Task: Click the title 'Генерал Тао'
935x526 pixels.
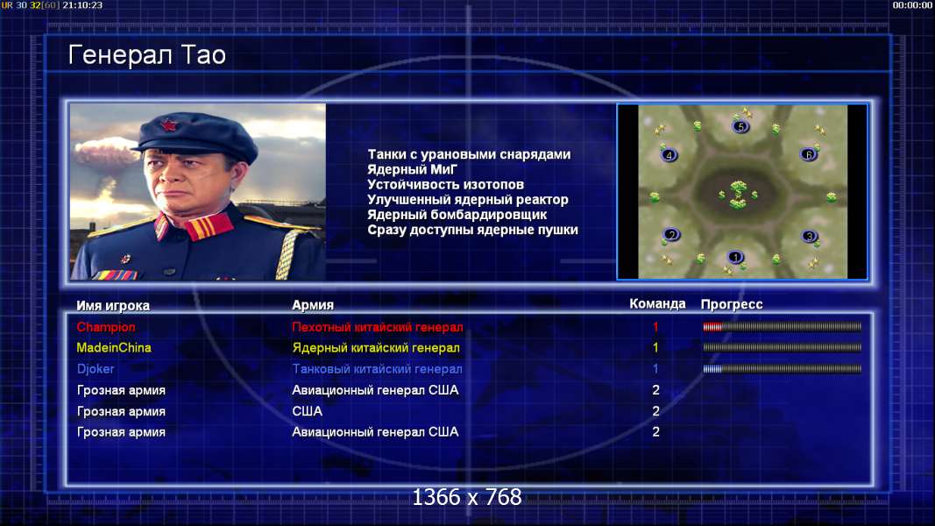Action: point(146,55)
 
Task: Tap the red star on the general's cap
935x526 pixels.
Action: point(169,126)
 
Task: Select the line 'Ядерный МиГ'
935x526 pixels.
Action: point(412,169)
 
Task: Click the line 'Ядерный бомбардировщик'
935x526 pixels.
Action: point(457,215)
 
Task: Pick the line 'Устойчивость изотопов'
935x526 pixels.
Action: point(445,185)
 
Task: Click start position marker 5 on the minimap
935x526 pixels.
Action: point(740,126)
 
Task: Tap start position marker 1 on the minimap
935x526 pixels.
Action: point(735,257)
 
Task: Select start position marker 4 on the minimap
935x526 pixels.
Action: point(669,155)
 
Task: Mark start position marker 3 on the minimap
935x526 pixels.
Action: point(809,236)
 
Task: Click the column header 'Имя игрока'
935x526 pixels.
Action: point(113,305)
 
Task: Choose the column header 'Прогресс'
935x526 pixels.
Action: point(732,304)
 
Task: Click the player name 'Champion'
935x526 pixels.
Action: point(106,327)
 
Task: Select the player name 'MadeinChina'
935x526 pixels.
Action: point(114,348)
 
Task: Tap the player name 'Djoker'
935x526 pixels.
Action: point(96,368)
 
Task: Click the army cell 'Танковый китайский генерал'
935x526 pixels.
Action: point(377,369)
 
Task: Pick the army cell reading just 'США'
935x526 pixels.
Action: point(307,411)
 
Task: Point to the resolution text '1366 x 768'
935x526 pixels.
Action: point(467,497)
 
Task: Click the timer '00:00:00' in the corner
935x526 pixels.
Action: point(911,5)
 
